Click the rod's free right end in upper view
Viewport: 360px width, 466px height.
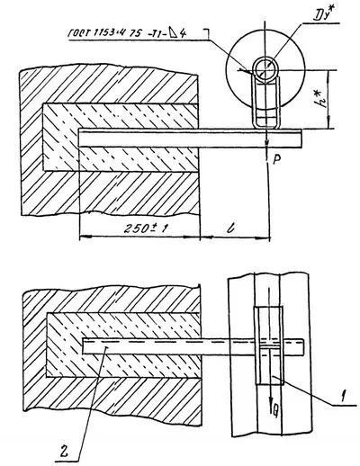pos(301,137)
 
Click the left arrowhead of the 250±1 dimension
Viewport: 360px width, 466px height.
pos(83,237)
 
